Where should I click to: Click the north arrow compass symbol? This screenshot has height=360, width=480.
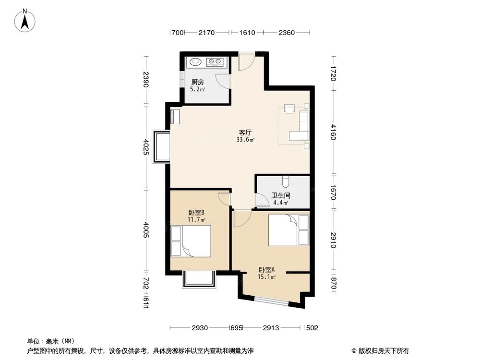pyautogui.click(x=25, y=21)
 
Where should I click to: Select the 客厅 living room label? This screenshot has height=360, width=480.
pyautogui.click(x=246, y=132)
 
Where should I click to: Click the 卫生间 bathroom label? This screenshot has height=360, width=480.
pyautogui.click(x=281, y=196)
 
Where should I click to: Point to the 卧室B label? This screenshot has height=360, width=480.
pyautogui.click(x=197, y=213)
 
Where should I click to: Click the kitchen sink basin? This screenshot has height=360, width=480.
pyautogui.click(x=195, y=62)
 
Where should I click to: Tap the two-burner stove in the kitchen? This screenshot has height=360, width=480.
pyautogui.click(x=214, y=62)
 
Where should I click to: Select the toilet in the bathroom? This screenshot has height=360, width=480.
pyautogui.click(x=286, y=181)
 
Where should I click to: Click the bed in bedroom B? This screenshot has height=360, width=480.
pyautogui.click(x=192, y=240)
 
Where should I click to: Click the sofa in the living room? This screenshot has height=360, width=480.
pyautogui.click(x=304, y=125)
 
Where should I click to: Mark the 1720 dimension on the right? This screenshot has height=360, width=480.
pyautogui.click(x=334, y=71)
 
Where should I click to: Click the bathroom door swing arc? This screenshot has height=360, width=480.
pyautogui.click(x=262, y=200)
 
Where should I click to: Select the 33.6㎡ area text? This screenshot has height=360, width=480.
pyautogui.click(x=245, y=140)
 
